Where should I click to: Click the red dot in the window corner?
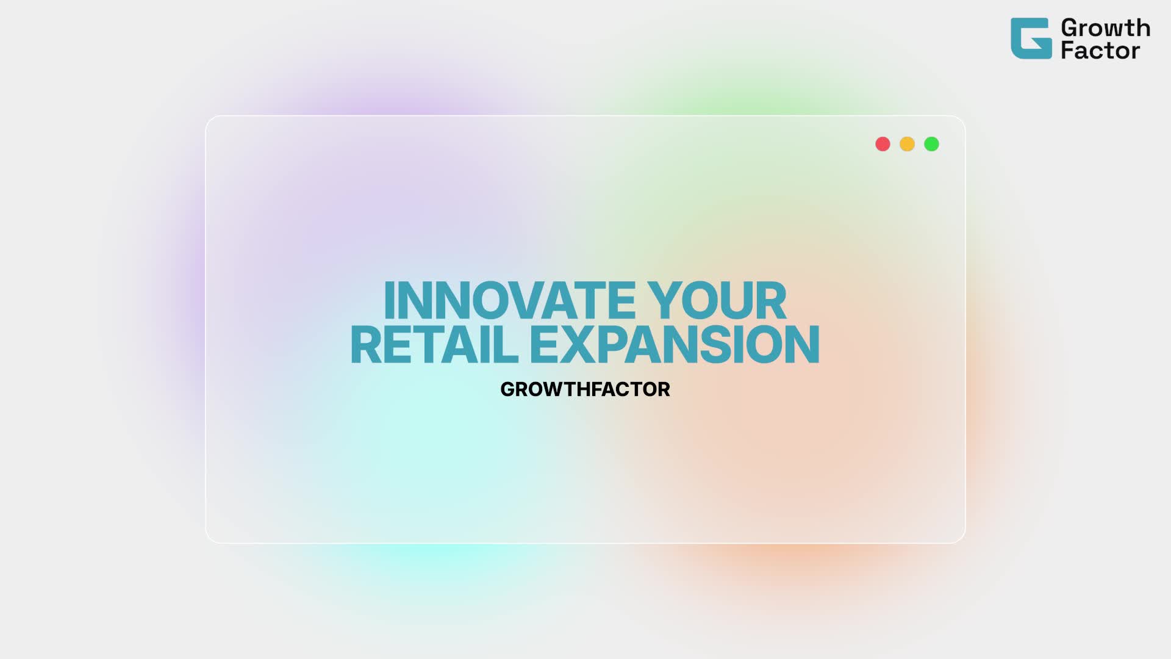tap(883, 144)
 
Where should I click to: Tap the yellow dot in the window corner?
tap(907, 144)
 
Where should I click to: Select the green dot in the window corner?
tap(931, 144)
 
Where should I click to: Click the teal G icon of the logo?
tap(1031, 38)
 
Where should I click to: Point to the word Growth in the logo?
tap(1105, 28)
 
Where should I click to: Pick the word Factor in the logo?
tap(1100, 50)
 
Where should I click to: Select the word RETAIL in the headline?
tap(434, 345)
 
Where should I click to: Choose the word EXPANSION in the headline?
tap(675, 345)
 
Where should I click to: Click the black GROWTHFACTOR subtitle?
tap(585, 389)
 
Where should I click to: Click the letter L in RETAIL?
tap(506, 345)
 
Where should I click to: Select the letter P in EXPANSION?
tap(613, 345)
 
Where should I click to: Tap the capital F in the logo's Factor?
tap(1067, 50)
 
